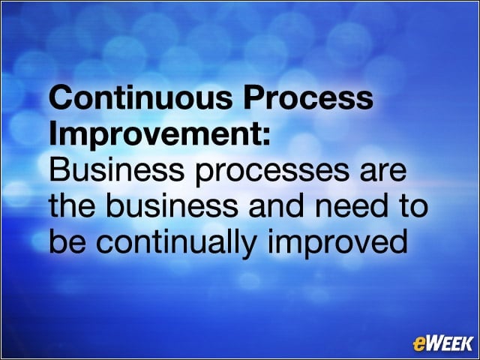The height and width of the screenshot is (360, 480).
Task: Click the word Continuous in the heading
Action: pyautogui.click(x=141, y=97)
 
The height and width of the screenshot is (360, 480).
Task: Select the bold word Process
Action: pyautogui.click(x=308, y=97)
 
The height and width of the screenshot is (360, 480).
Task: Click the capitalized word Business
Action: pyautogui.click(x=117, y=169)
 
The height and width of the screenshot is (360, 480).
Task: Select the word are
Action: pyautogui.click(x=383, y=172)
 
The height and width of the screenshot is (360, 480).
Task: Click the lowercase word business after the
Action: pyautogui.click(x=172, y=205)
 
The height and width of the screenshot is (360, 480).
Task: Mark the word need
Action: pyautogui.click(x=350, y=205)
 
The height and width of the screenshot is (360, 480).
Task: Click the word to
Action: pyautogui.click(x=412, y=207)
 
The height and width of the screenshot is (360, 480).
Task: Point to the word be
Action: pyautogui.click(x=67, y=241)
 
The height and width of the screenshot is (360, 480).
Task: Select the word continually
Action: pyautogui.click(x=176, y=244)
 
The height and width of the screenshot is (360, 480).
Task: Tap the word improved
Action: pyautogui.click(x=337, y=244)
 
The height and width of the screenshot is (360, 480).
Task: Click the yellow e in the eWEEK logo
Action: pyautogui.click(x=419, y=343)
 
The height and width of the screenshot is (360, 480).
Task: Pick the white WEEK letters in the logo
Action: pyautogui.click(x=449, y=343)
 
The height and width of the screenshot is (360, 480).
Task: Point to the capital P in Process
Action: pyautogui.click(x=255, y=97)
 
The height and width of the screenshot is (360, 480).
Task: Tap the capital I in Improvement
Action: pyautogui.click(x=52, y=133)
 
